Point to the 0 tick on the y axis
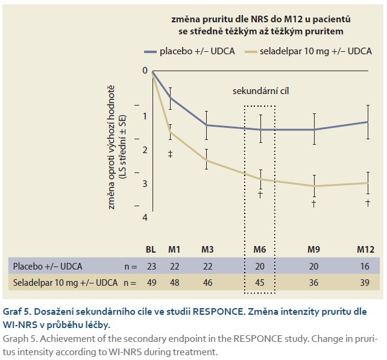(145, 71)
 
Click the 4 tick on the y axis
(145, 217)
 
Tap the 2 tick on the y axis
(145, 150)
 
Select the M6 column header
(260, 250)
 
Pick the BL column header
(151, 250)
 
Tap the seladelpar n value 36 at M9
(313, 282)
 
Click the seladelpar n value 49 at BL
(151, 282)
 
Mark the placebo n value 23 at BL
(151, 266)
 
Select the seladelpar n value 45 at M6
(260, 282)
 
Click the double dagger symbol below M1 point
(170, 154)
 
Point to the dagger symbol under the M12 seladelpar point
(367, 203)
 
